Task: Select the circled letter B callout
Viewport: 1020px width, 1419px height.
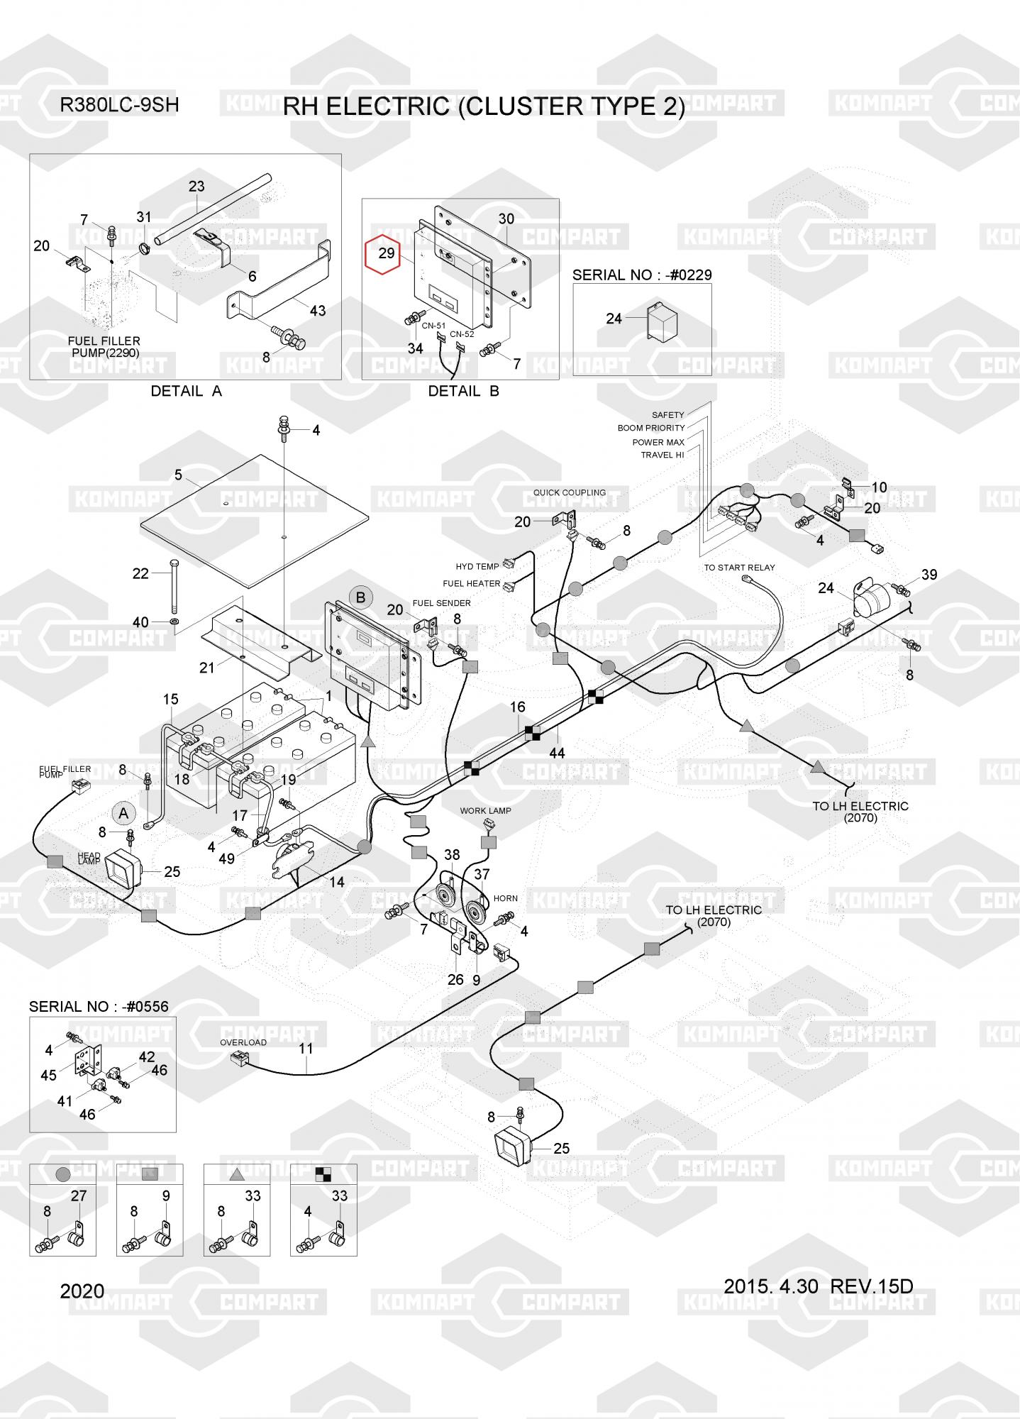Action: click(x=360, y=597)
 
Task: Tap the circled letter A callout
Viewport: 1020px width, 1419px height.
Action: click(x=123, y=814)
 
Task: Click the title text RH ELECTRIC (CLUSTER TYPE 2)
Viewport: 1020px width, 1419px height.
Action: click(x=484, y=106)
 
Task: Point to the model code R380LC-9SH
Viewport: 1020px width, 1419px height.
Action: click(x=119, y=105)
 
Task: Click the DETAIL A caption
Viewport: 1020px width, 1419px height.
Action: click(x=186, y=391)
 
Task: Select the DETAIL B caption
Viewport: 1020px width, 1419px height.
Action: click(x=463, y=391)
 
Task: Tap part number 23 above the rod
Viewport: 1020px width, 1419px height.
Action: click(x=196, y=186)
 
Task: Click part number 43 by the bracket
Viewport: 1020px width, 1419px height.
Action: click(x=317, y=310)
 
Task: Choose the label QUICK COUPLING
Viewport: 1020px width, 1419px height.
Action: click(x=569, y=492)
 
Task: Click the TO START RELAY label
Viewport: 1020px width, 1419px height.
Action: click(x=739, y=568)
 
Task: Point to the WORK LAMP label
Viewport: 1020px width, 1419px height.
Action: click(x=485, y=811)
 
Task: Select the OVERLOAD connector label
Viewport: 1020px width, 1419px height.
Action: click(x=243, y=1042)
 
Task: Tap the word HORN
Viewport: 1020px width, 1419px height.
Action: click(x=505, y=898)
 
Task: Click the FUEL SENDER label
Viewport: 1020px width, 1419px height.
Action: click(x=441, y=603)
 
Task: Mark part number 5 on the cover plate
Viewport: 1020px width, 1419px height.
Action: click(x=178, y=475)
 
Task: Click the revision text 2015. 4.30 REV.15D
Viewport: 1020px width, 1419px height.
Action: click(x=818, y=1286)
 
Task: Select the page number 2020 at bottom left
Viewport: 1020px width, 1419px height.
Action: click(x=82, y=1291)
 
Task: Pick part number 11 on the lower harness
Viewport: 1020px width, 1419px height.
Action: click(x=306, y=1048)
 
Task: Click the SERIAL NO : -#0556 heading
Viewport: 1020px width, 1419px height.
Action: click(x=99, y=1006)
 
